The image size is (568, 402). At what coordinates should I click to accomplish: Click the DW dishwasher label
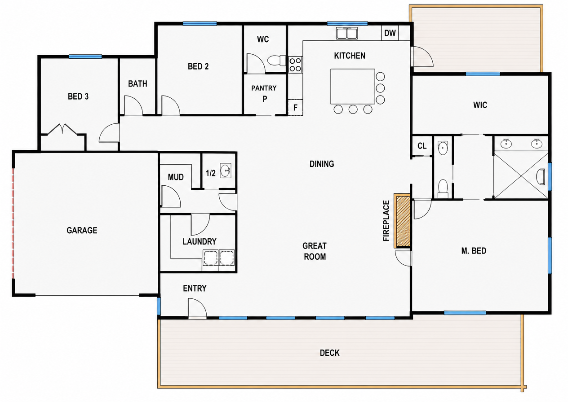[390, 33]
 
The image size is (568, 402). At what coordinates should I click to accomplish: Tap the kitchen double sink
[347, 33]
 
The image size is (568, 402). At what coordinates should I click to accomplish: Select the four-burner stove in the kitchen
[295, 65]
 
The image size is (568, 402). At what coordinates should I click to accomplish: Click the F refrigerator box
[295, 108]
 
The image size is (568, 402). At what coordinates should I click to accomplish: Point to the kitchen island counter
[353, 86]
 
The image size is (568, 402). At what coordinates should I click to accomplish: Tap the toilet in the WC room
[276, 61]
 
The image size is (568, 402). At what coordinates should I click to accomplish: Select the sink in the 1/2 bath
[226, 170]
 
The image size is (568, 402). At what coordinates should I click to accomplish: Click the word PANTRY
[264, 88]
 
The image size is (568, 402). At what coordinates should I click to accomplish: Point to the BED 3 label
[78, 96]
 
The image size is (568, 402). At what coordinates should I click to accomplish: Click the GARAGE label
[82, 230]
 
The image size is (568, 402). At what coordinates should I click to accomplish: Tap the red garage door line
[13, 223]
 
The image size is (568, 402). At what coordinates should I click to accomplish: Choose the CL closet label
[422, 146]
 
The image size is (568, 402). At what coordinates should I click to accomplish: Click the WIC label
[480, 105]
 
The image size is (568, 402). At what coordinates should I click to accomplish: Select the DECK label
[330, 353]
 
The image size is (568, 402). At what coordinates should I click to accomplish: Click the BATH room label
[138, 84]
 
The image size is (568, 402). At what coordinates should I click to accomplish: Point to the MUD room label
[176, 177]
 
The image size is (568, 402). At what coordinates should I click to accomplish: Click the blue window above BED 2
[200, 24]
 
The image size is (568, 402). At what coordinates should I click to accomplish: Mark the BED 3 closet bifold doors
[62, 129]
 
